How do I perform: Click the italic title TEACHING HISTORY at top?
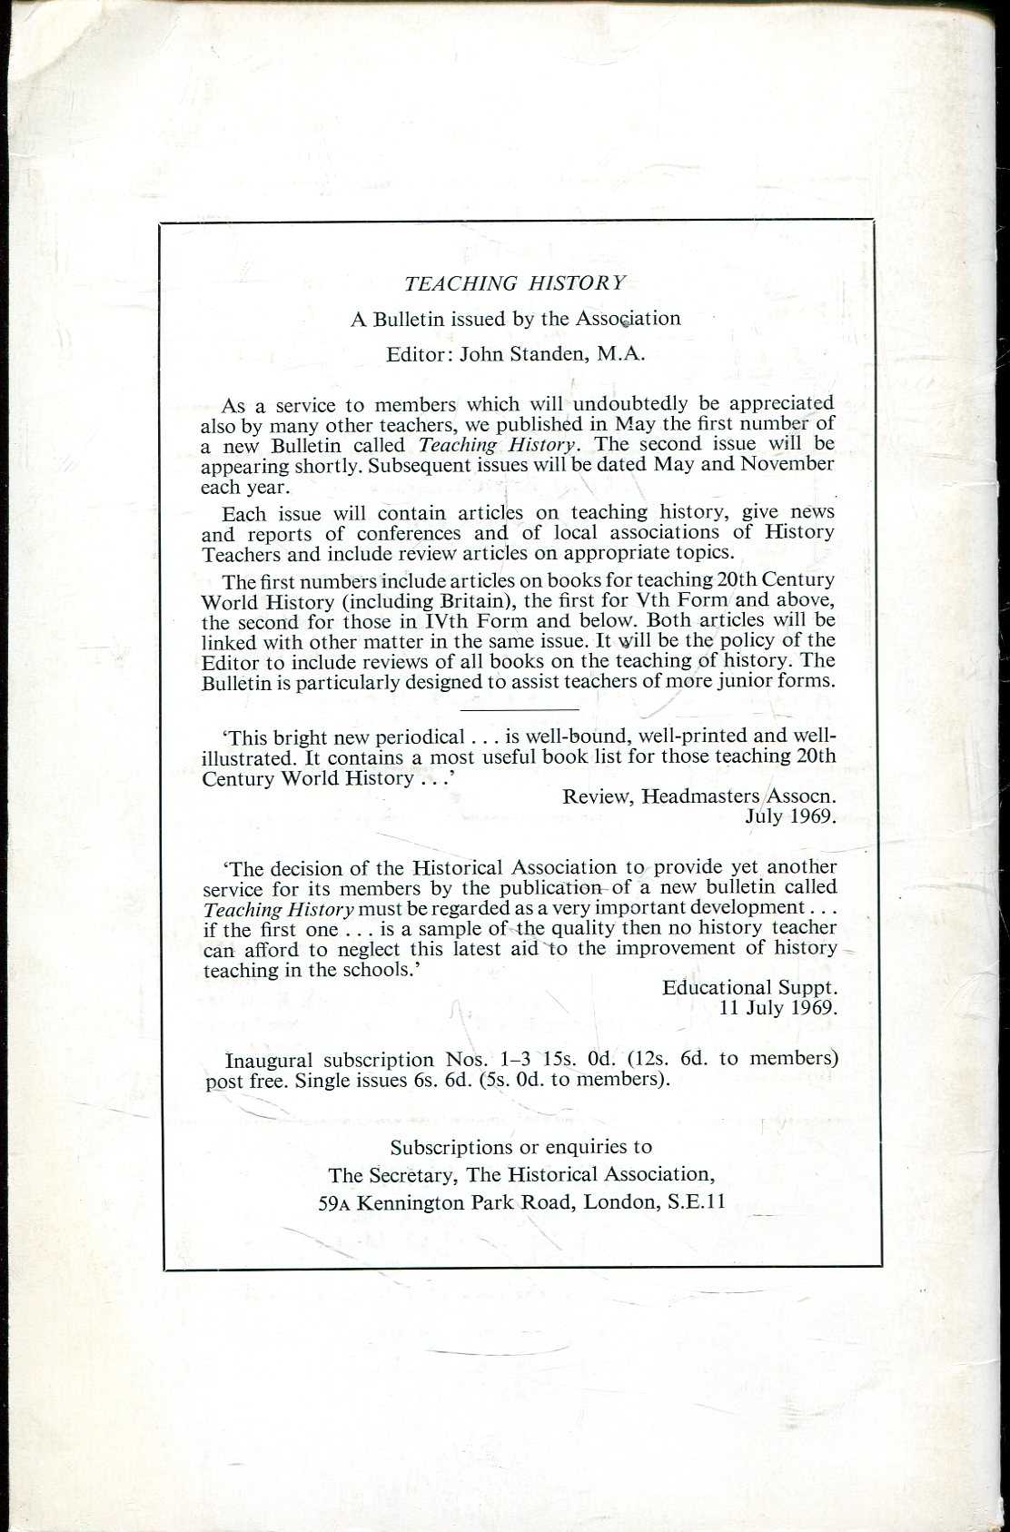coord(515,283)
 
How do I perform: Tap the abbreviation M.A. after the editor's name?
coord(621,354)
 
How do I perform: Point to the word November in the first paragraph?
coord(787,464)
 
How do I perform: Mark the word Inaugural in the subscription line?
coord(269,1060)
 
